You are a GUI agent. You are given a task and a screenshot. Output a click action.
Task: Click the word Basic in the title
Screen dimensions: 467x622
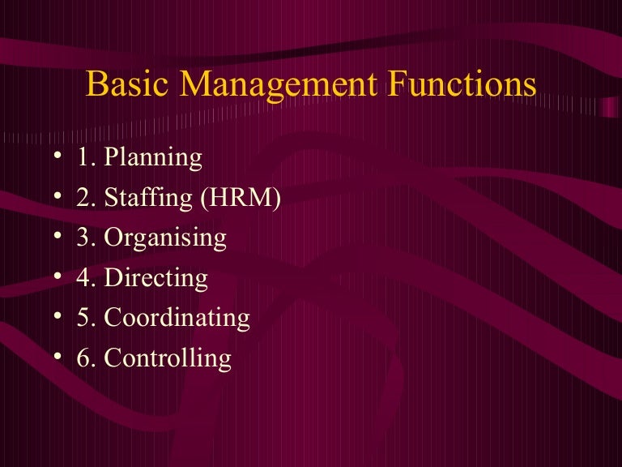click(x=125, y=84)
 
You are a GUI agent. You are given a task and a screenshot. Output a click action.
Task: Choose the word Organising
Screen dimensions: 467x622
click(x=166, y=238)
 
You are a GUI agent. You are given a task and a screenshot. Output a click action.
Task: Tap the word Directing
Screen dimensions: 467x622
click(x=156, y=279)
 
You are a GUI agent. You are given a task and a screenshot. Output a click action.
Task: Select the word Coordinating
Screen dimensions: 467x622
click(x=177, y=318)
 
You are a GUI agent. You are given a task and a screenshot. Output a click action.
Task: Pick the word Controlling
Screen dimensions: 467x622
click(x=168, y=358)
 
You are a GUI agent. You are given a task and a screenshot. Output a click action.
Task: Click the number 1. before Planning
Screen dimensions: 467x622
click(x=87, y=157)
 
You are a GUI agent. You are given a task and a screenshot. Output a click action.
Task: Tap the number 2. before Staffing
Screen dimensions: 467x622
click(x=87, y=197)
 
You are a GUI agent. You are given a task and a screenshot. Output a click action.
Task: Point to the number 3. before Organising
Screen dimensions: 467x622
click(x=87, y=238)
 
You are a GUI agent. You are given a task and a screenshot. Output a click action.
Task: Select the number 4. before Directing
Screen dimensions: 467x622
click(x=87, y=277)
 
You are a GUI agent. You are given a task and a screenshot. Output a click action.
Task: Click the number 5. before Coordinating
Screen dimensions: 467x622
click(x=87, y=318)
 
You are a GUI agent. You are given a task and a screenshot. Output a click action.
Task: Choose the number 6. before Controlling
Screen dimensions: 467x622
click(x=87, y=358)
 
